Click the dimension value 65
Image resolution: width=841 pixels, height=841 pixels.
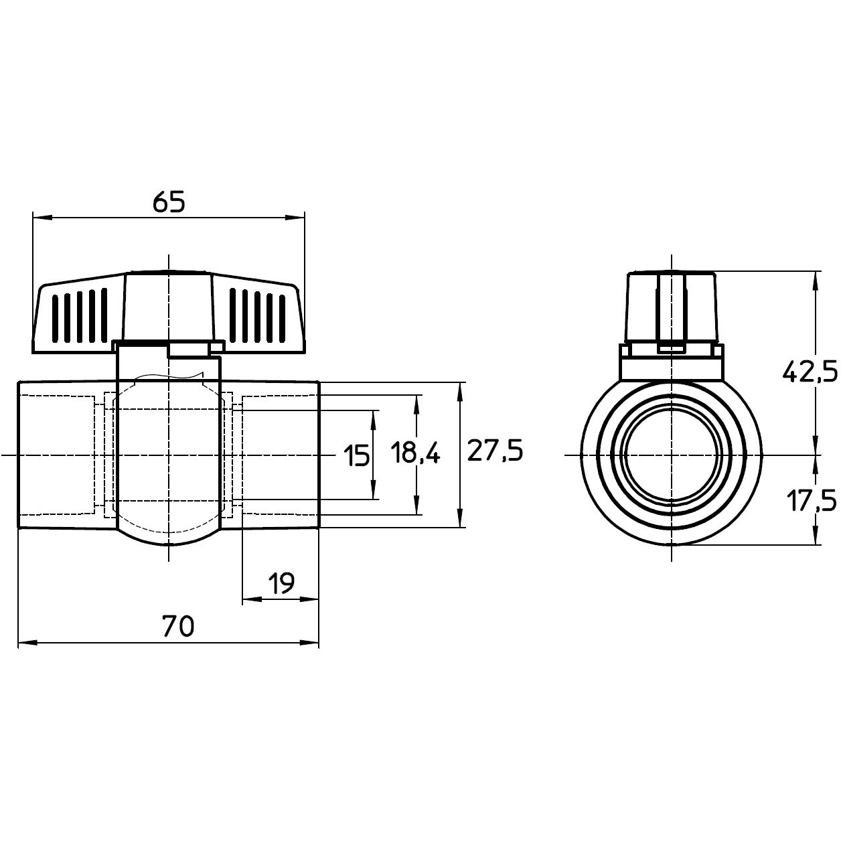tap(169, 202)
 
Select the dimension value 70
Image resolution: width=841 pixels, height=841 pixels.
tap(177, 626)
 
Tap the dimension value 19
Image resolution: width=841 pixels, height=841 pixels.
tap(281, 583)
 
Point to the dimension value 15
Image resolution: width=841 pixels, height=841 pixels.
tap(356, 456)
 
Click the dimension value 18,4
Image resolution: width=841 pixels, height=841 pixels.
tap(416, 452)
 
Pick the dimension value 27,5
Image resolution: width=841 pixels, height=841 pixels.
tap(495, 451)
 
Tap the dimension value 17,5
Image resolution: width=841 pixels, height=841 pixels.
tap(812, 500)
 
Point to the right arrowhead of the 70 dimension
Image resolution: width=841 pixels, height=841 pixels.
tap(309, 643)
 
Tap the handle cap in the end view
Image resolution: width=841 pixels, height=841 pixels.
tap(672, 307)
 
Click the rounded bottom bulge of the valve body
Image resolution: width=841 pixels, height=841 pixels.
tap(169, 538)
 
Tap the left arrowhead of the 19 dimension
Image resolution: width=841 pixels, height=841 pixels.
tap(252, 600)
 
